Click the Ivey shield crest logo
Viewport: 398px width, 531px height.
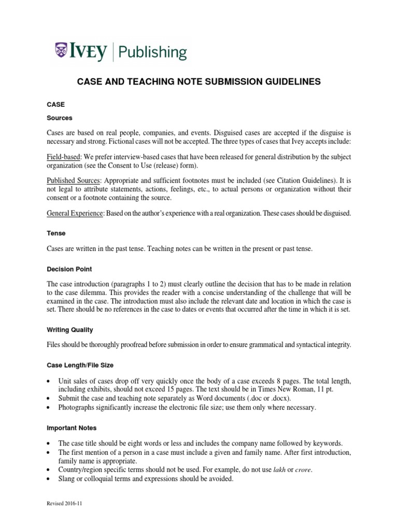tap(62, 51)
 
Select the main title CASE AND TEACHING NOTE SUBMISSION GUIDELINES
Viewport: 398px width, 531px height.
tap(199, 82)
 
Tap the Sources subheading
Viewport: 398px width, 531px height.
tap(60, 118)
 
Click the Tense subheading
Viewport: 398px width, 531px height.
tap(56, 233)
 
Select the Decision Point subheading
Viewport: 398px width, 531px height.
tap(69, 269)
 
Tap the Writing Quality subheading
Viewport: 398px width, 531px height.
tap(70, 330)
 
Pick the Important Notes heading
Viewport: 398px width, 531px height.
tap(72, 428)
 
